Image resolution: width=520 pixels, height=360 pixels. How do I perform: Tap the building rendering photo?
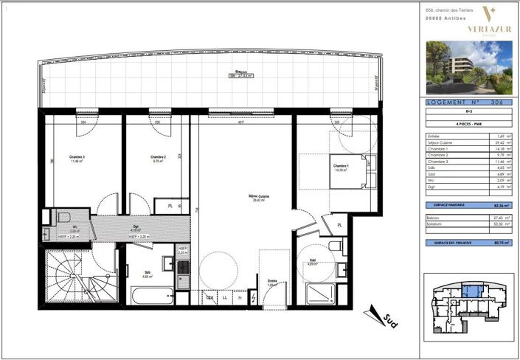point(469,67)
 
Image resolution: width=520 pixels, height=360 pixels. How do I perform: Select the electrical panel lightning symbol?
point(254,297)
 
